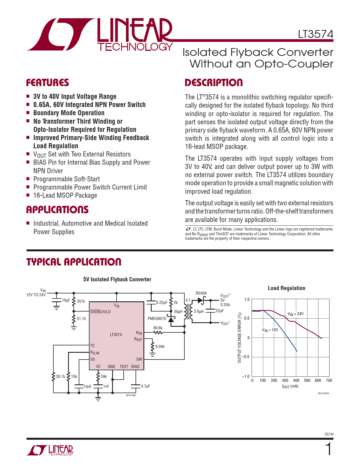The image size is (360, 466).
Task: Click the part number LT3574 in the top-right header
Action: tap(315, 34)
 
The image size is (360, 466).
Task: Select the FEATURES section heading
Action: tap(47, 83)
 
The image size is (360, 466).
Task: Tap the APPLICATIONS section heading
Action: tap(57, 210)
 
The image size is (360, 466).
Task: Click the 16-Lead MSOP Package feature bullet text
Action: tap(65, 195)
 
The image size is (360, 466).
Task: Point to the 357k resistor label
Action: tap(81, 301)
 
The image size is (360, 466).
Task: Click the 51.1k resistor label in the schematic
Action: tap(81, 319)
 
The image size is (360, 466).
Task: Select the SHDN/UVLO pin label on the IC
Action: tap(101, 312)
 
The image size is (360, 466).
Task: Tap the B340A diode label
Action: tap(201, 293)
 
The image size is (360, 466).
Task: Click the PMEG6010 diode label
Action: tap(157, 319)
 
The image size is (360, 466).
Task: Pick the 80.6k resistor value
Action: tap(158, 328)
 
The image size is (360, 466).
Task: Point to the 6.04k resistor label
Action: tap(160, 347)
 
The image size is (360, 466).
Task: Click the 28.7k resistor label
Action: tap(60, 376)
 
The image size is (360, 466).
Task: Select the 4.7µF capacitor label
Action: tap(145, 386)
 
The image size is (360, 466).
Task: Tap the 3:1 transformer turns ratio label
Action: tap(188, 300)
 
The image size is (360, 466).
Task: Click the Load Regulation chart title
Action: tap(286, 288)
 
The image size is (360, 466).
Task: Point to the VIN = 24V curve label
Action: tap(295, 314)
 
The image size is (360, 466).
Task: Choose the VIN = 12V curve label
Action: tap(270, 330)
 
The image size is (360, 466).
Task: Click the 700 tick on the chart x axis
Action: tap(329, 380)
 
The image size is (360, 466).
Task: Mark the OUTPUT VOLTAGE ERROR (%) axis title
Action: tap(240, 337)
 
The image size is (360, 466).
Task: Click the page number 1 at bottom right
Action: tap(328, 449)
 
